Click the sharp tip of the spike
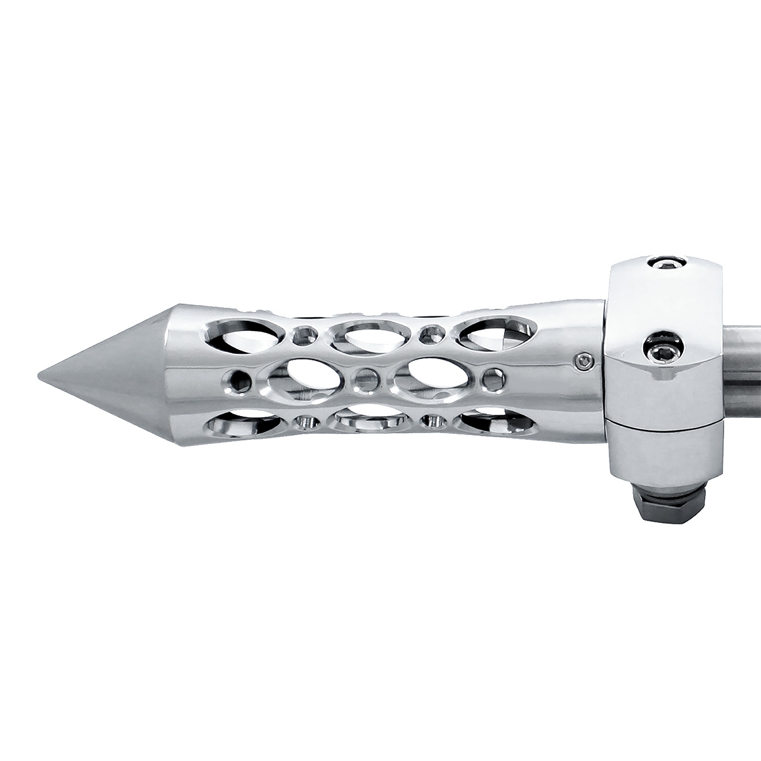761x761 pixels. click(39, 374)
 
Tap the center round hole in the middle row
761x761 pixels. click(364, 378)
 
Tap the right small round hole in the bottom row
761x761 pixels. click(433, 420)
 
